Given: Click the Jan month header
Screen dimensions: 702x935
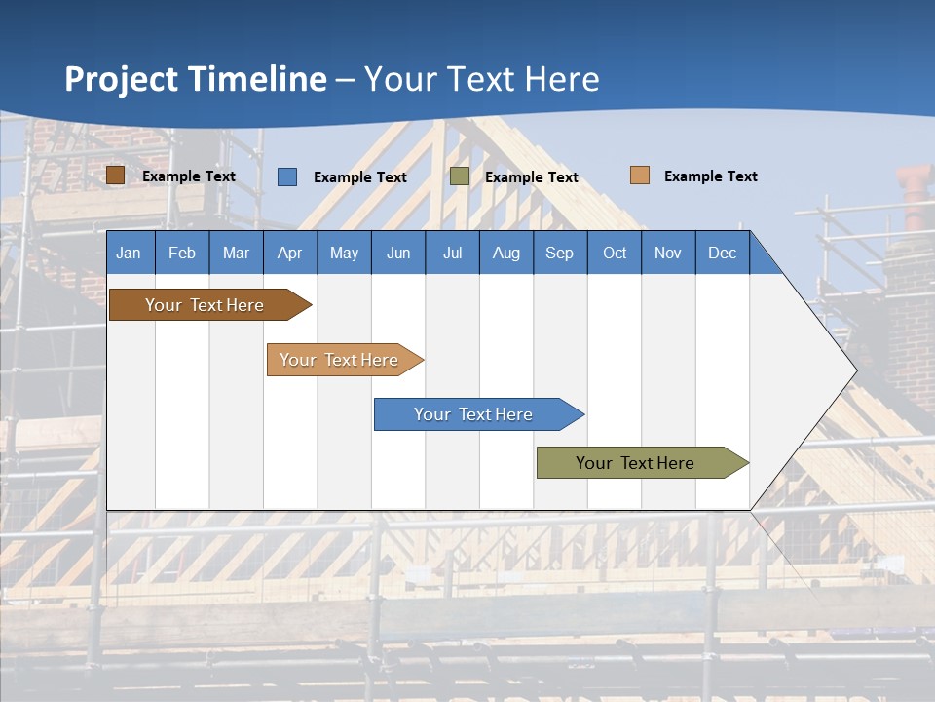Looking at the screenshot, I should pyautogui.click(x=129, y=253).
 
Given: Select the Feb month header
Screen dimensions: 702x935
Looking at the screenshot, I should pyautogui.click(x=182, y=253).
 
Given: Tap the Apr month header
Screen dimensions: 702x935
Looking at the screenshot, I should pyautogui.click(x=289, y=253).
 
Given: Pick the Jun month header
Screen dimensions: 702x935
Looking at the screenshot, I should pyautogui.click(x=398, y=253).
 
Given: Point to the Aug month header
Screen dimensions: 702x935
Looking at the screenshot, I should pyautogui.click(x=505, y=253).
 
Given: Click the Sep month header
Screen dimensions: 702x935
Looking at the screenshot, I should pyautogui.click(x=559, y=253).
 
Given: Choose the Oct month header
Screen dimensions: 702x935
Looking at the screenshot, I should pyautogui.click(x=615, y=253).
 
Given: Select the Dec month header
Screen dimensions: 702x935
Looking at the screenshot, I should pyautogui.click(x=722, y=253).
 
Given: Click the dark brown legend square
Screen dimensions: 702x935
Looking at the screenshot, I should pyautogui.click(x=115, y=175).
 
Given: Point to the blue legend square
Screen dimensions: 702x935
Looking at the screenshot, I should pyautogui.click(x=287, y=176).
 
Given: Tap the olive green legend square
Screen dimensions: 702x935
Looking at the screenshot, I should pyautogui.click(x=460, y=176).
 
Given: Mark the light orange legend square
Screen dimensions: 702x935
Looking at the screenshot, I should pyautogui.click(x=640, y=175).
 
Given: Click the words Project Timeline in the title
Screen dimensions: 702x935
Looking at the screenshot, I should pyautogui.click(x=196, y=79).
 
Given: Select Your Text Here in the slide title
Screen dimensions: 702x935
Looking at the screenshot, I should pyautogui.click(x=482, y=79).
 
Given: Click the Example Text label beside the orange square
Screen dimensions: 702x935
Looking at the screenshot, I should pyautogui.click(x=710, y=176).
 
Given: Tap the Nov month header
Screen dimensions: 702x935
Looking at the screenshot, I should pyautogui.click(x=668, y=253).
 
